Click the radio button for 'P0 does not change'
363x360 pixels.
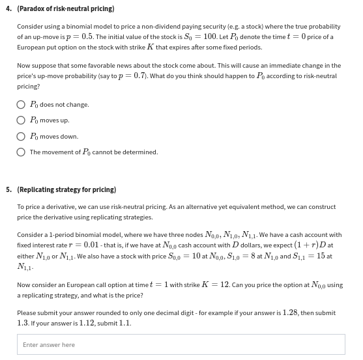pyautogui.click(x=22, y=105)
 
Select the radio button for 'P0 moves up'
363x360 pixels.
pyautogui.click(x=22, y=120)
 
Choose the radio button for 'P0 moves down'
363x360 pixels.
pyautogui.click(x=22, y=137)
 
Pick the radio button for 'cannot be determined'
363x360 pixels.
pyautogui.click(x=22, y=152)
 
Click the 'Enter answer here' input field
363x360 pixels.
pyautogui.click(x=181, y=344)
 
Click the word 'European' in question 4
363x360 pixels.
pyautogui.click(x=31, y=48)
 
